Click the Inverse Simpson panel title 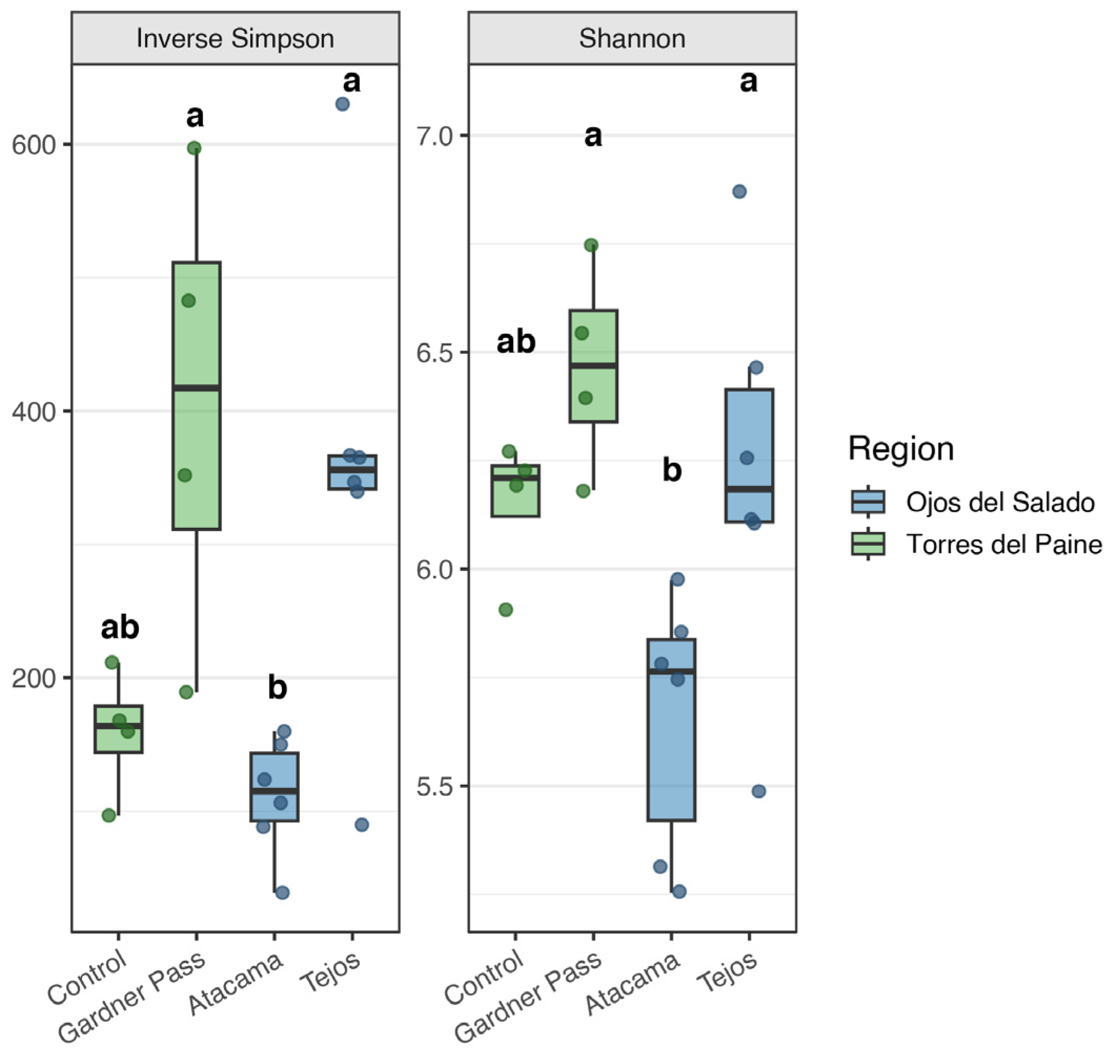click(x=235, y=39)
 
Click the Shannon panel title click(x=632, y=39)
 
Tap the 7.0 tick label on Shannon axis click(x=434, y=136)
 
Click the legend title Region click(x=901, y=449)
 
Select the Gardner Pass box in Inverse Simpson click(x=197, y=395)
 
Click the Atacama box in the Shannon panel click(x=672, y=730)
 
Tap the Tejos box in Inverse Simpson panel click(x=352, y=472)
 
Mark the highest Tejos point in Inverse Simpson click(x=342, y=104)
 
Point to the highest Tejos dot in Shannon click(x=739, y=191)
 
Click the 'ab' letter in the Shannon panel click(x=516, y=342)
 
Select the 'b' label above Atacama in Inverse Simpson click(x=278, y=687)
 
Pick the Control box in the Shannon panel click(x=516, y=490)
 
